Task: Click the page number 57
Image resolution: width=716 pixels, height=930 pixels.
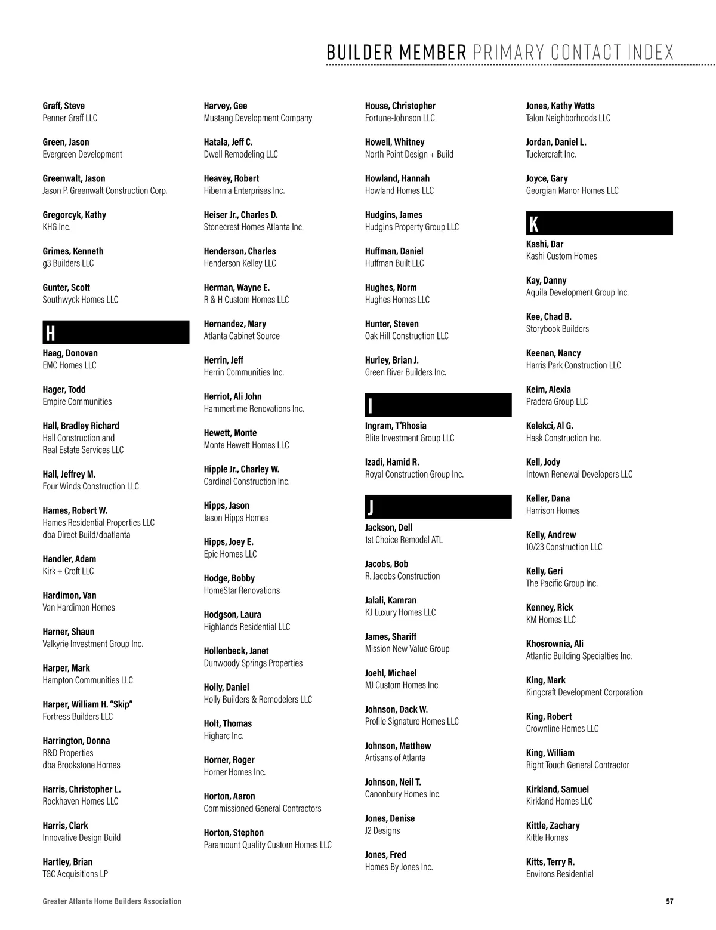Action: pyautogui.click(x=669, y=901)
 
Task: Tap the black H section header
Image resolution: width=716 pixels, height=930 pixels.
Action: pyautogui.click(x=116, y=332)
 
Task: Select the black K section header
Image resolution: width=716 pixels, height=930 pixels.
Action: pyautogui.click(x=599, y=223)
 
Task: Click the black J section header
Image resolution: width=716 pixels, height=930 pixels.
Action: pyautogui.click(x=438, y=507)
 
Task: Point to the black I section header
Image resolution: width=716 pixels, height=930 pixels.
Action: pyautogui.click(x=438, y=405)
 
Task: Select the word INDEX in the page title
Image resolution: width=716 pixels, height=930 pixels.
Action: pyautogui.click(x=650, y=53)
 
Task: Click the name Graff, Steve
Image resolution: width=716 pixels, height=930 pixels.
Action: pyautogui.click(x=64, y=106)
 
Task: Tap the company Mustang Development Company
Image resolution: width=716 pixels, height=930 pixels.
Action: pyautogui.click(x=258, y=118)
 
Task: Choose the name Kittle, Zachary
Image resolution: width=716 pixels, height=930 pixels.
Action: pyautogui.click(x=553, y=826)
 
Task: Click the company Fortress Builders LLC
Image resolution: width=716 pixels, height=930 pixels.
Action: pyautogui.click(x=78, y=716)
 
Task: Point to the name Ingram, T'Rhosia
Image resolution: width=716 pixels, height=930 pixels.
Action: pyautogui.click(x=396, y=426)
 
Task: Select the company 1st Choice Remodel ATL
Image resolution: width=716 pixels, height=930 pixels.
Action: pyautogui.click(x=404, y=540)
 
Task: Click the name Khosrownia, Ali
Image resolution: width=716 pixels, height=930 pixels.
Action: pyautogui.click(x=555, y=643)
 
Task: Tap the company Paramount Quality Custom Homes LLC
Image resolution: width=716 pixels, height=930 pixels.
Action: pyautogui.click(x=267, y=845)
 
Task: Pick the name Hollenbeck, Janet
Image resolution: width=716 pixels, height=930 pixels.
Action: pyautogui.click(x=236, y=651)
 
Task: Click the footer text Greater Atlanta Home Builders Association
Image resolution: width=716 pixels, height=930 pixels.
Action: pyautogui.click(x=112, y=901)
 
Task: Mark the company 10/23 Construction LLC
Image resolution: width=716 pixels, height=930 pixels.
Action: pyautogui.click(x=564, y=547)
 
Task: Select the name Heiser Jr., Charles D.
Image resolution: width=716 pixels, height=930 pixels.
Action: pyautogui.click(x=240, y=215)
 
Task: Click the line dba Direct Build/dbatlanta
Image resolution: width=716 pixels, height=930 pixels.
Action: pyautogui.click(x=87, y=535)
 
